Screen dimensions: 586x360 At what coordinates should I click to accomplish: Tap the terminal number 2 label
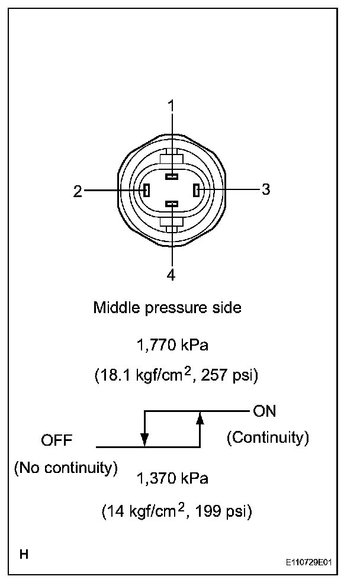(78, 191)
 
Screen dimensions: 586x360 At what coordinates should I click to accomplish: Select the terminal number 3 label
(266, 189)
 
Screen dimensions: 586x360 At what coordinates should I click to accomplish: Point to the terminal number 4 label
(172, 275)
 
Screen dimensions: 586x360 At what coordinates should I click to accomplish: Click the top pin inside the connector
(172, 176)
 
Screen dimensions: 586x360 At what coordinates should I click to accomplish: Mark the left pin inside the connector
(146, 190)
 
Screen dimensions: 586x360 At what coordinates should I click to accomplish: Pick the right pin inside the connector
(197, 190)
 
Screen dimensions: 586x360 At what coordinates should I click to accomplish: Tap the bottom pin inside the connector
(172, 204)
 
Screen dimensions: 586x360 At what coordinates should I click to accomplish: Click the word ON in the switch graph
(264, 411)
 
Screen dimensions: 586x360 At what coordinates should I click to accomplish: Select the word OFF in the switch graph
(56, 440)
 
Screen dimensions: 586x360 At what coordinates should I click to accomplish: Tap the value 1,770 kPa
(172, 344)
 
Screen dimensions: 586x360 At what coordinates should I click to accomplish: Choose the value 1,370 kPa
(173, 479)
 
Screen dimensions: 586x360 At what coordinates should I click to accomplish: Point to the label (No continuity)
(66, 468)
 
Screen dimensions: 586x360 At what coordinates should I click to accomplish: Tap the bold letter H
(24, 555)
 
